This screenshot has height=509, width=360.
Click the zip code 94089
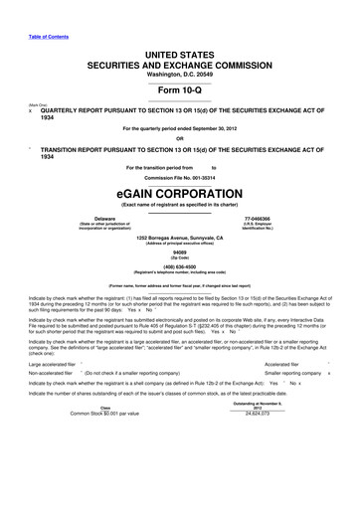(180, 253)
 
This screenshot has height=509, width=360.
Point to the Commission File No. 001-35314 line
(180, 178)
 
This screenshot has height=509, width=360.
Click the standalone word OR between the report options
(180, 137)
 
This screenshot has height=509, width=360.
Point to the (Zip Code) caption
(180, 258)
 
